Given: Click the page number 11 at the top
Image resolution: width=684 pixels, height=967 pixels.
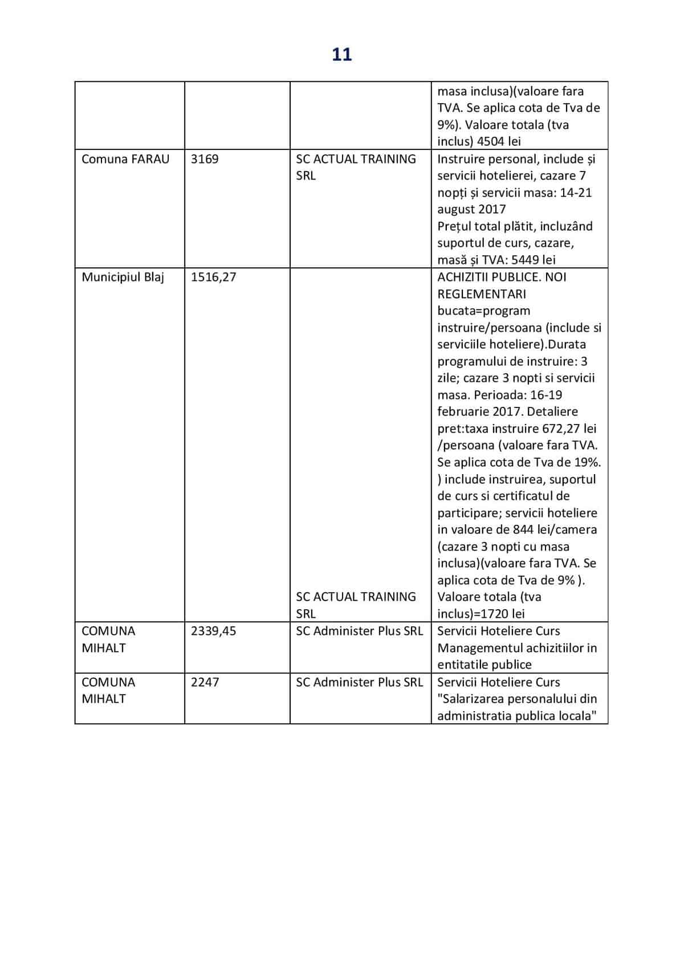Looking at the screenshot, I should coord(341,55).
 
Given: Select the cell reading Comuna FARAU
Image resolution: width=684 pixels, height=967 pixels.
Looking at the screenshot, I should coord(125,159).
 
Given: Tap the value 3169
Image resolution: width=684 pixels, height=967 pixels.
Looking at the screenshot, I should coord(205,159).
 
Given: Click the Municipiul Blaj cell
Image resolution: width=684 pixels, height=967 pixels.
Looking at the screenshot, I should coord(123,278).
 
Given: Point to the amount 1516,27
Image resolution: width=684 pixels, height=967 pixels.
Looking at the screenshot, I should coord(213,278).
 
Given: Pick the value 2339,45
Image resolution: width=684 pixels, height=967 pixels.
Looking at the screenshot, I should coord(213,631).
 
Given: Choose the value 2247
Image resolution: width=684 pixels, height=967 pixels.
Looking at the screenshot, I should coord(205,682).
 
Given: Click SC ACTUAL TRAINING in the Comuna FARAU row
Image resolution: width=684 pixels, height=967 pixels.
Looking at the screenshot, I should coord(356,159).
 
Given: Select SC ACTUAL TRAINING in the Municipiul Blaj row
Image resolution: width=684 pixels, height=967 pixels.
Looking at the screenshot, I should coord(356,597).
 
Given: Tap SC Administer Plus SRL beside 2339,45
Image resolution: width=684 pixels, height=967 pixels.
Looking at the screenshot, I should coord(359,631).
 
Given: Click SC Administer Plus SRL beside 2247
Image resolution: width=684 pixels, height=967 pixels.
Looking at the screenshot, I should coord(359,682).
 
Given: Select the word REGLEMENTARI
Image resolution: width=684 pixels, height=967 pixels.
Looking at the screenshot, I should coord(482,294).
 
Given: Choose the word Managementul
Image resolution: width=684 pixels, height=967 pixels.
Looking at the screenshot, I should coord(479,648).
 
